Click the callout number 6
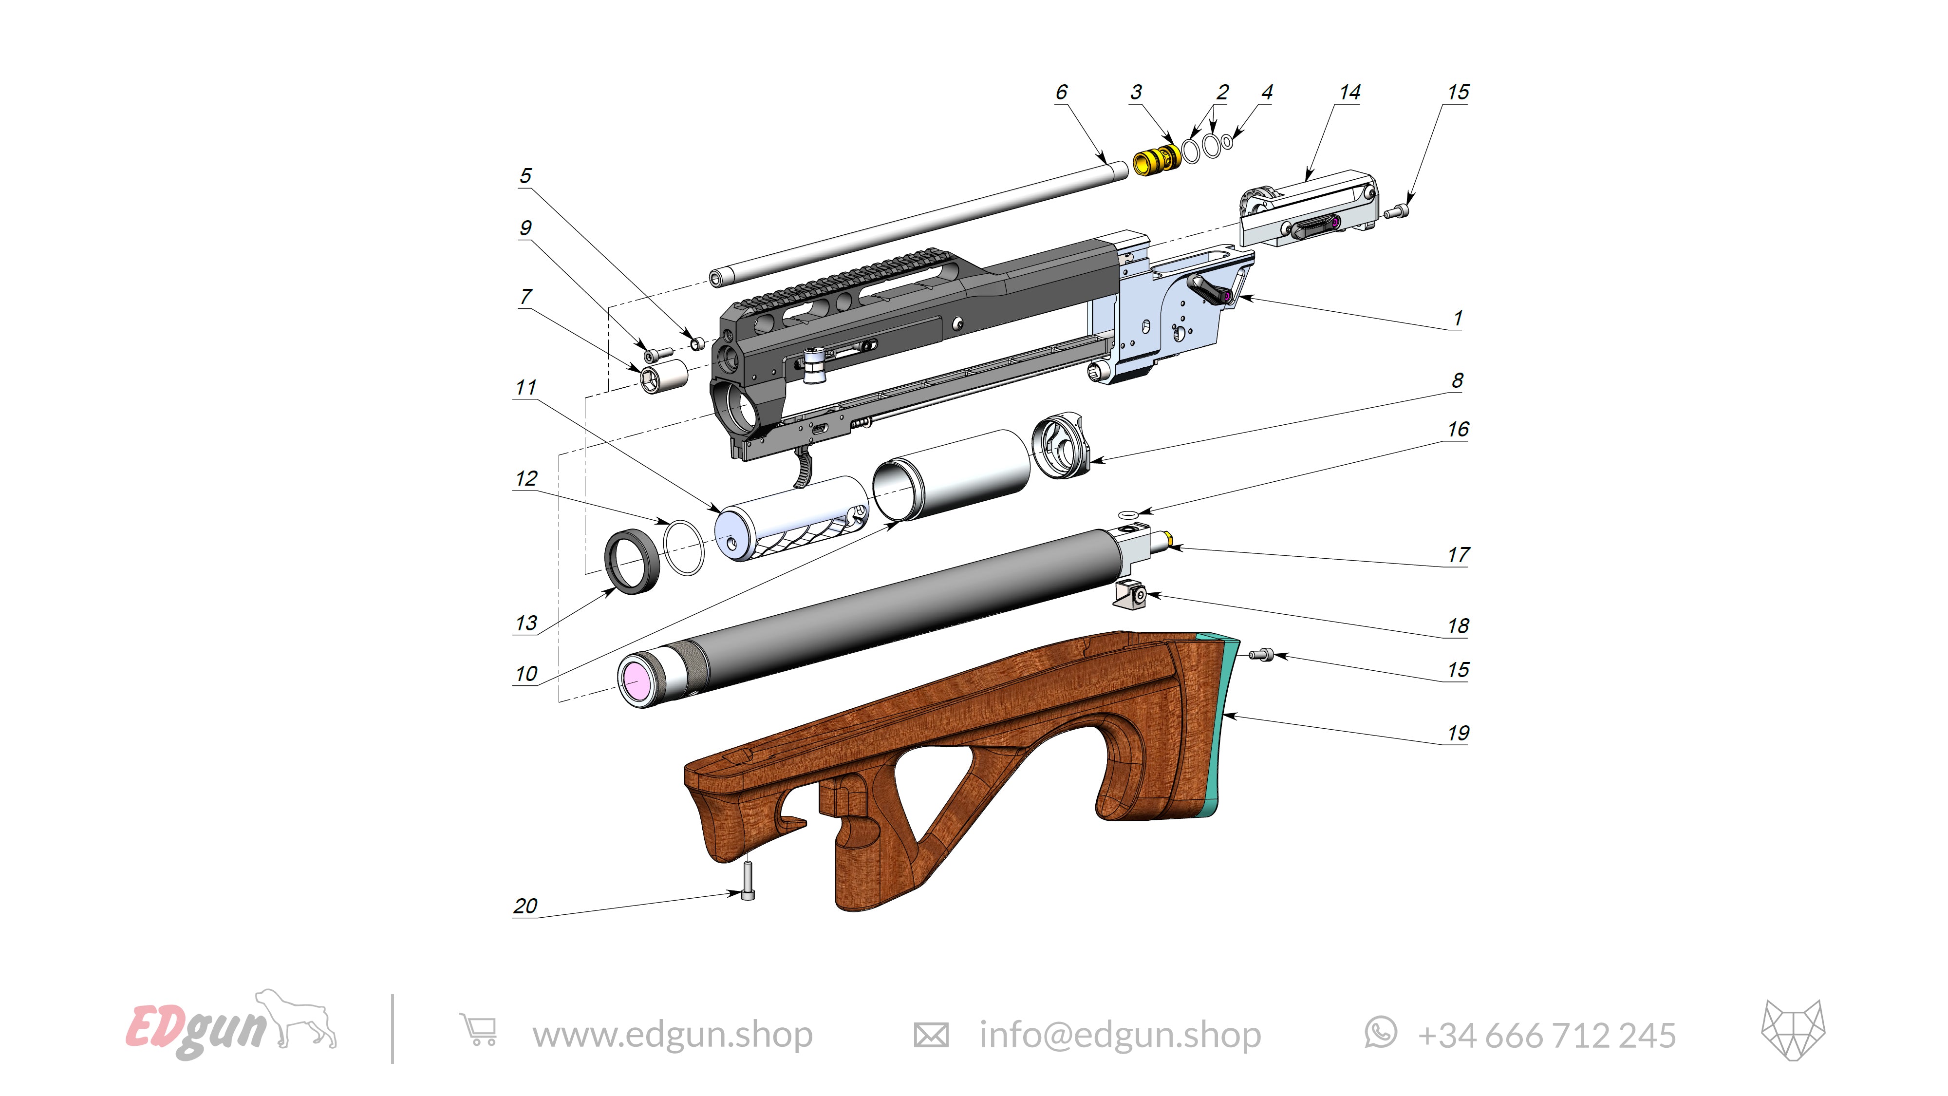click(x=1061, y=92)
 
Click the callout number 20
click(x=525, y=906)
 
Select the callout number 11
click(x=525, y=387)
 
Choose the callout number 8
click(x=1457, y=380)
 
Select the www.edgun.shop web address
click(x=672, y=1034)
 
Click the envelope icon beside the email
click(x=931, y=1034)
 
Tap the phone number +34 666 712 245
click(x=1546, y=1035)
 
